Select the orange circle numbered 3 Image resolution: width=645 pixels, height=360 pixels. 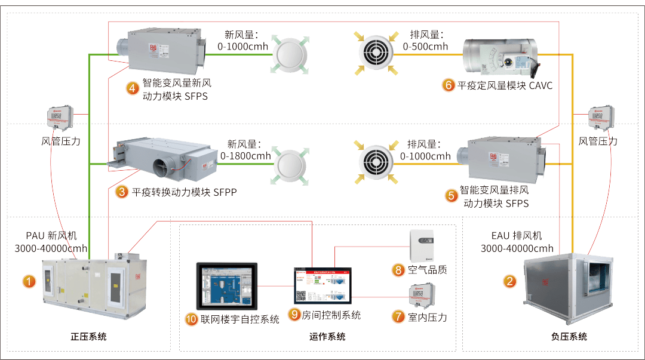pyautogui.click(x=122, y=193)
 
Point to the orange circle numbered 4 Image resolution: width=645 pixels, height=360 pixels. pyautogui.click(x=133, y=88)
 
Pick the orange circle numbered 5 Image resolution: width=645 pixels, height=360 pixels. pyautogui.click(x=453, y=195)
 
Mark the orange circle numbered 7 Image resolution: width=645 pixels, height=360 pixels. pyautogui.click(x=398, y=316)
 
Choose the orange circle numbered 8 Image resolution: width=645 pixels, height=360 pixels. pyautogui.click(x=398, y=270)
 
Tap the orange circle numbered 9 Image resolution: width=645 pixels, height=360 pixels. pyautogui.click(x=294, y=315)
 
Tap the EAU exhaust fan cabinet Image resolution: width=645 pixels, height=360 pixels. pyautogui.click(x=567, y=285)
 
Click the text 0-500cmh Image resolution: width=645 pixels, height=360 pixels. pyautogui.click(x=425, y=47)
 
